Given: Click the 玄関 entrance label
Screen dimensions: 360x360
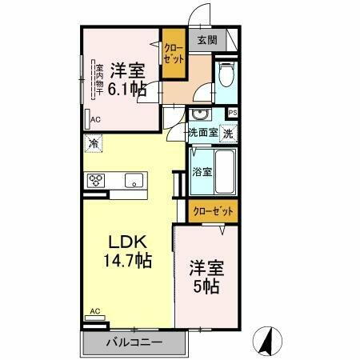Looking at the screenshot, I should tap(206, 39).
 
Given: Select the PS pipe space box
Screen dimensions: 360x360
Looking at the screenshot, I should tap(232, 113).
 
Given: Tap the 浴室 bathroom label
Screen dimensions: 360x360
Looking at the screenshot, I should tap(202, 172).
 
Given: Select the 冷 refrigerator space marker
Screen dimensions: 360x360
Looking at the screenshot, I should tap(94, 144).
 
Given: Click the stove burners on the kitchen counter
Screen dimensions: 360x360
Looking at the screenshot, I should tap(97, 179).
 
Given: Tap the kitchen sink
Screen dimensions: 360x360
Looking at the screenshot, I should tap(132, 179).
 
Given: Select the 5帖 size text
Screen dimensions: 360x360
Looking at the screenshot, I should tap(206, 284).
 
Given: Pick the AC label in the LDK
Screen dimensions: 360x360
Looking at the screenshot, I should tap(95, 311).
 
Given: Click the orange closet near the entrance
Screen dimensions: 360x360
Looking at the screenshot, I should tap(174, 54).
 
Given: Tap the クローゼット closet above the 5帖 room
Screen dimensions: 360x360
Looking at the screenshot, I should tap(214, 211).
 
